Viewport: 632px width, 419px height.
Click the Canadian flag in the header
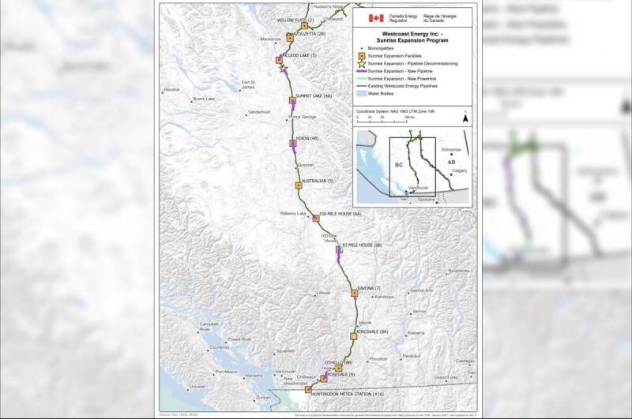coord(377,18)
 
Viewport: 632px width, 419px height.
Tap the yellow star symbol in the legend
coord(359,63)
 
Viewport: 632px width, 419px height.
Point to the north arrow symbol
coord(465,118)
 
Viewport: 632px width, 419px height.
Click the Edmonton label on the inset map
coord(453,149)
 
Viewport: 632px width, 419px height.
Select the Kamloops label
coord(385,297)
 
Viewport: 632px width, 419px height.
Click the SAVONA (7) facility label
coord(369,288)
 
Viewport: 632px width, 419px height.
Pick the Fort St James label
coord(248,84)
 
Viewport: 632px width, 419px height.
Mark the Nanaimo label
coord(254,376)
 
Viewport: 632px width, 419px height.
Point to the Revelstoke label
coord(458,271)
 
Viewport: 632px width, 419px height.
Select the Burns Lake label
coord(204,99)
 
